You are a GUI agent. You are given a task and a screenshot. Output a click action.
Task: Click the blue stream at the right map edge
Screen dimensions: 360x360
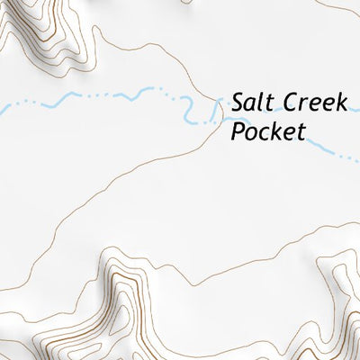coord(356,162)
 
